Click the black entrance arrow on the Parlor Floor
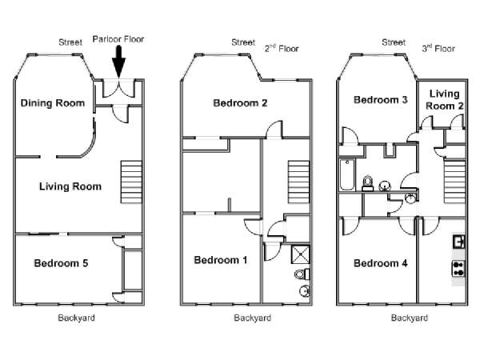point(118,62)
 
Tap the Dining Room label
point(53,103)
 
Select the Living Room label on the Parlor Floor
point(70,186)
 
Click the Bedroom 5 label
point(61,263)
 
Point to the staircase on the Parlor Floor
point(132,182)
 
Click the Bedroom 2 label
point(240,103)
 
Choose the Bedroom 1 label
point(221,260)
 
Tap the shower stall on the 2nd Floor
point(300,254)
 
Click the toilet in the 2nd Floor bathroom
point(302,274)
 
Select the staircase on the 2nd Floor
point(298,182)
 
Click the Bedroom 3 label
point(381,100)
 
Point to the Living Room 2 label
point(445,100)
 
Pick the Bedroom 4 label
point(381,263)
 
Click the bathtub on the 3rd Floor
point(347,174)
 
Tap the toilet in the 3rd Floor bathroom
point(368,184)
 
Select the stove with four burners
point(458,269)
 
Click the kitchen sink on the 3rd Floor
point(458,242)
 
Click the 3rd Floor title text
point(438,48)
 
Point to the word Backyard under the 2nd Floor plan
point(253,318)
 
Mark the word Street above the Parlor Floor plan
point(70,42)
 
